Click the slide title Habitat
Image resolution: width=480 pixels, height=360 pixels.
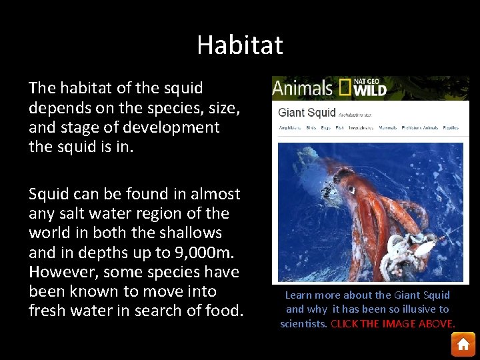(x=240, y=45)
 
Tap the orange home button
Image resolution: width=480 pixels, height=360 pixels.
(x=463, y=344)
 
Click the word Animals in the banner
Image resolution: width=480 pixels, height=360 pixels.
(x=302, y=88)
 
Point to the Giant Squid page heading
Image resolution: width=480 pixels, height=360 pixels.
(x=307, y=111)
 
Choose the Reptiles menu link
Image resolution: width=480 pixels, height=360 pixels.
(x=451, y=127)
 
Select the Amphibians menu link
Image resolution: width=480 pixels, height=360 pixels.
(x=289, y=127)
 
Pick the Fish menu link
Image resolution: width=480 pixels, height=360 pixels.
(x=339, y=127)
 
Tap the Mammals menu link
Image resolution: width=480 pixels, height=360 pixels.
(x=387, y=127)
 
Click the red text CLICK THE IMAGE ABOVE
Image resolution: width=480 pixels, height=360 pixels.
(x=393, y=323)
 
